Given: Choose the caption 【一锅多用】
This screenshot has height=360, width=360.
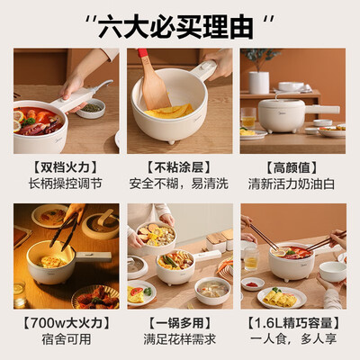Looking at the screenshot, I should pos(179,319).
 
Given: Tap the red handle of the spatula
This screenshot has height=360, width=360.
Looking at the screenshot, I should pos(142,56).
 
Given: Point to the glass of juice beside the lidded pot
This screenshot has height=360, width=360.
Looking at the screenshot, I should pos(248,118).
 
